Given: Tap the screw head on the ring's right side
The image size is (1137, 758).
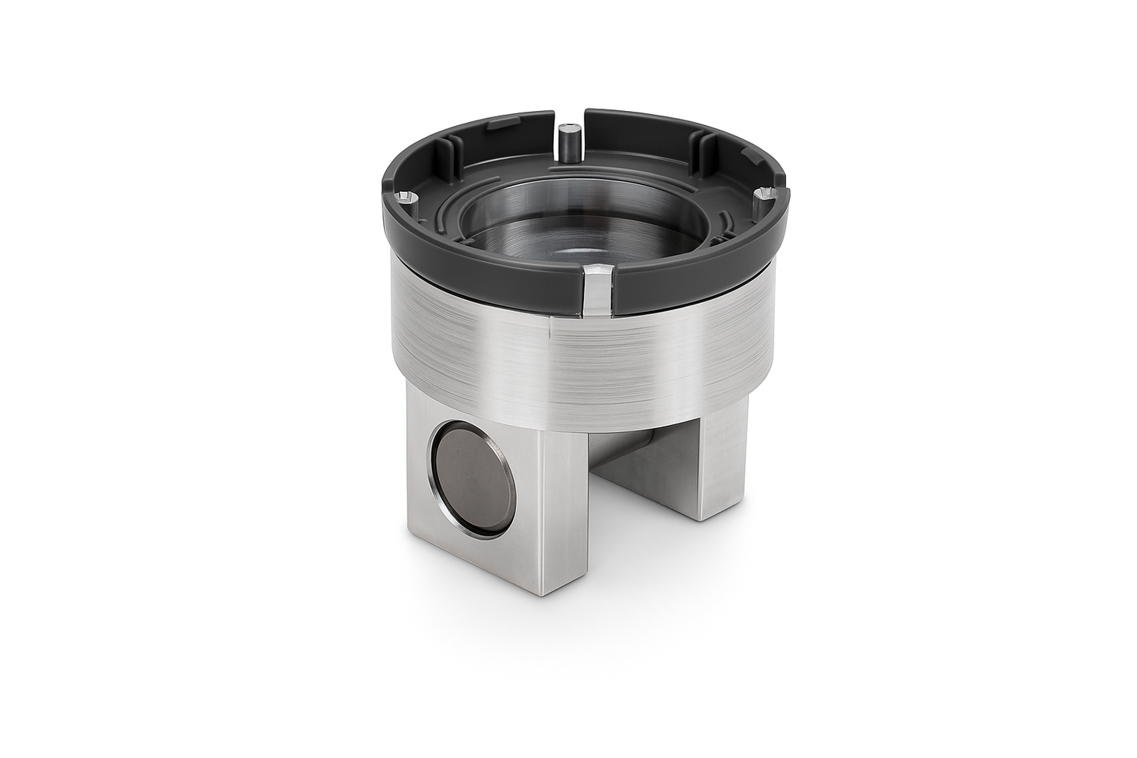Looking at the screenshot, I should (760, 192).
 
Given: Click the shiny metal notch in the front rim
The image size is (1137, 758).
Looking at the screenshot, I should (598, 290).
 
